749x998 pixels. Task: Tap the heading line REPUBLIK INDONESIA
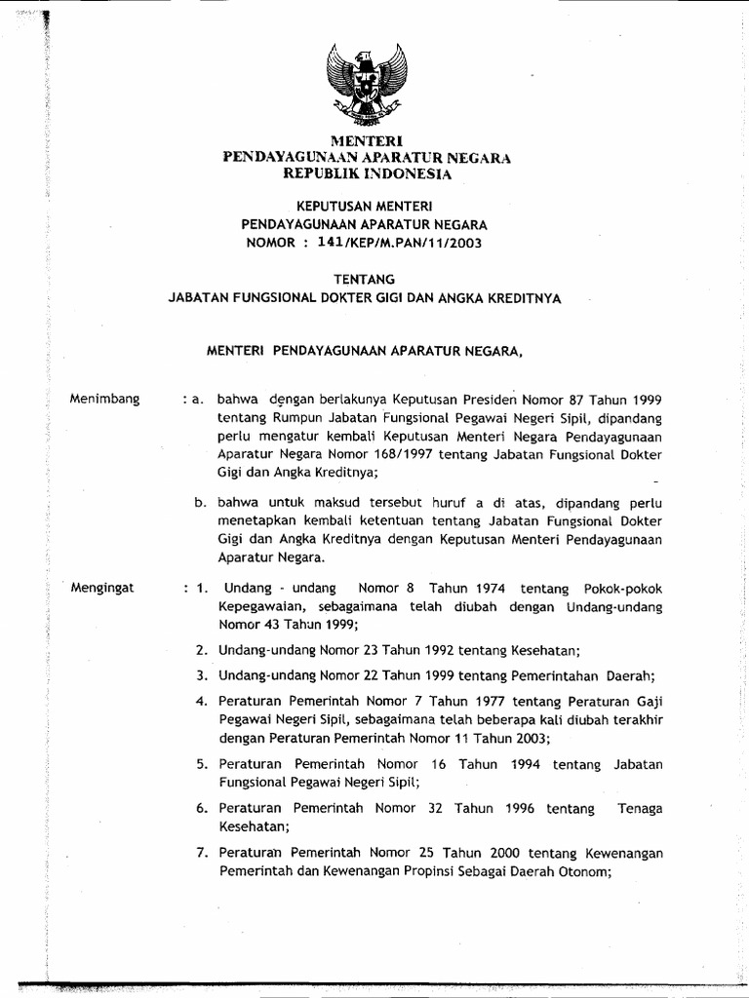pyautogui.click(x=367, y=173)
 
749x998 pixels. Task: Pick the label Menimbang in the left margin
pyautogui.click(x=106, y=399)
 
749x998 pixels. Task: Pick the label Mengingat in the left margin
pyautogui.click(x=105, y=589)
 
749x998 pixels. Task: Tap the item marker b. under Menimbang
pyautogui.click(x=201, y=504)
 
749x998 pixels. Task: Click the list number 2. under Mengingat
pyautogui.click(x=201, y=650)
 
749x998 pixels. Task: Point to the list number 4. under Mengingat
pyautogui.click(x=201, y=702)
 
